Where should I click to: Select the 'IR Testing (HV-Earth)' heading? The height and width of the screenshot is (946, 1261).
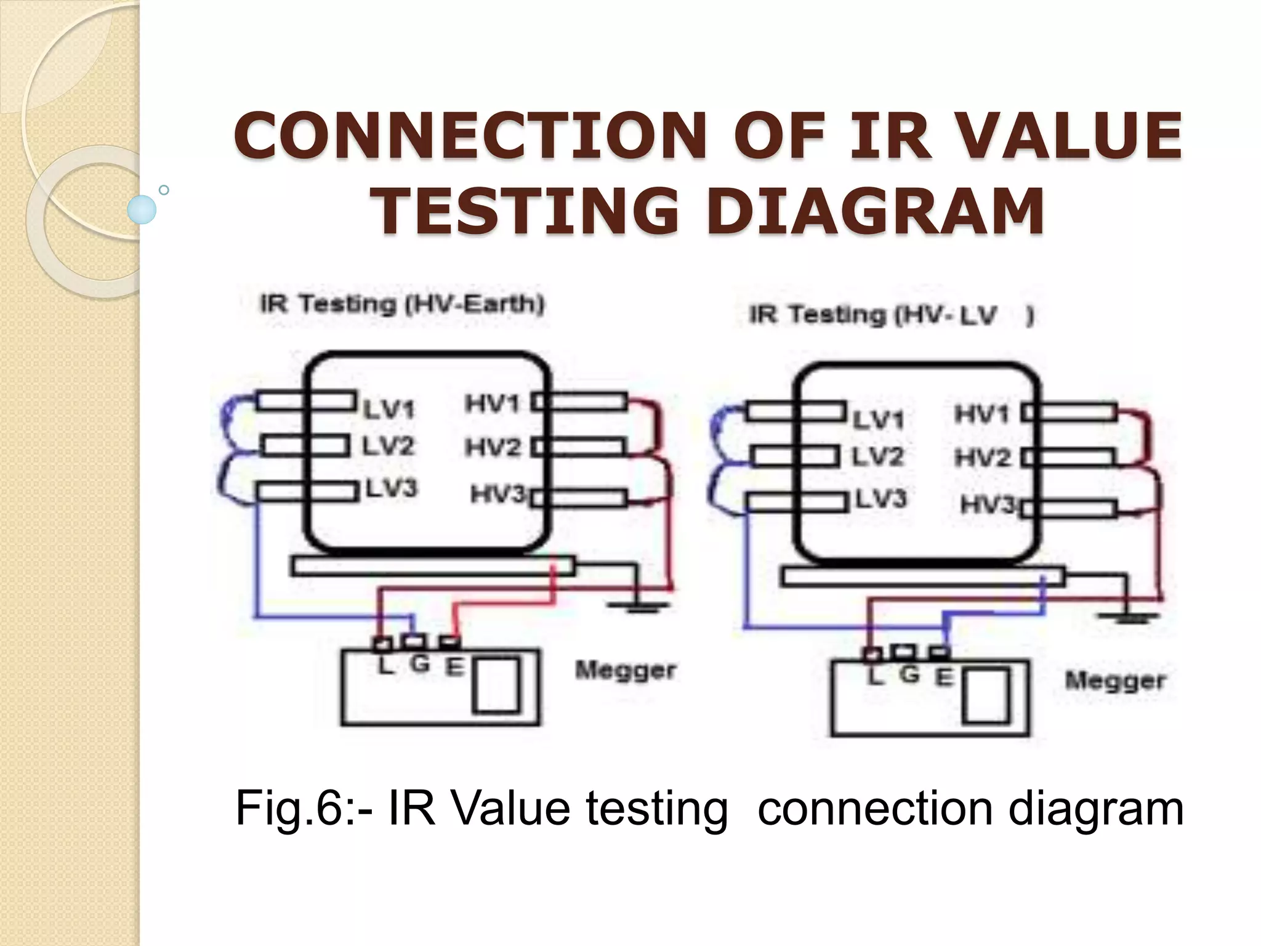coord(402,304)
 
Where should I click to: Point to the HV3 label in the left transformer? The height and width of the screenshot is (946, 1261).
coord(498,494)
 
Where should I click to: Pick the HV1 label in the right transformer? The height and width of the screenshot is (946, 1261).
coord(981,414)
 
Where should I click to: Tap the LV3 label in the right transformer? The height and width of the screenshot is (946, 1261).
coord(880,498)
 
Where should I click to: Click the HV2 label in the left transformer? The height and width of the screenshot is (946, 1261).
coord(493,447)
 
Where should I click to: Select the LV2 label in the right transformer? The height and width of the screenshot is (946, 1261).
coord(877,457)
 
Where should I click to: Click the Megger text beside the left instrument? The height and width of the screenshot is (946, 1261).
coord(626,670)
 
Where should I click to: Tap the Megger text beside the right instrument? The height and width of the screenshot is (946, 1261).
coord(1115,681)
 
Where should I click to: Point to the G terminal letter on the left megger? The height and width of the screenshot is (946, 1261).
coord(419,664)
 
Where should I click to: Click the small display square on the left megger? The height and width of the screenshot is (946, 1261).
coord(496,685)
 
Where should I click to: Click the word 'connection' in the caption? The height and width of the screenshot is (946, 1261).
coord(875,809)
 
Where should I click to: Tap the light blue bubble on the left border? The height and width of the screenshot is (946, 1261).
coord(142,209)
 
